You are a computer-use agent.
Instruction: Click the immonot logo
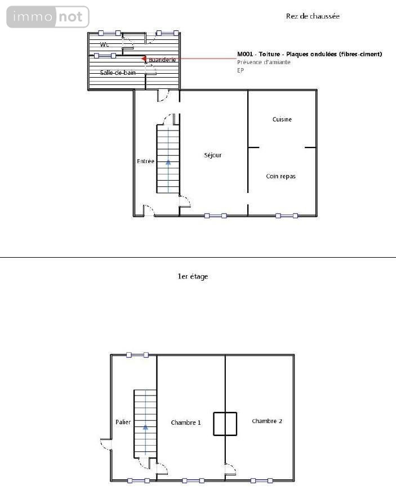click(x=48, y=17)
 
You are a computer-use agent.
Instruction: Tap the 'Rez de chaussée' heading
click(x=313, y=16)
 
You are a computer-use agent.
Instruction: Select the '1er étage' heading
click(x=193, y=276)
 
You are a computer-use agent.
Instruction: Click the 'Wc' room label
click(x=104, y=44)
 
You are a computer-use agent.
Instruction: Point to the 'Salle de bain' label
click(x=118, y=73)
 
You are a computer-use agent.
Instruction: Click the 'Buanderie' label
click(x=162, y=60)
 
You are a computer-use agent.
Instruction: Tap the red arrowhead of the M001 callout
click(x=144, y=59)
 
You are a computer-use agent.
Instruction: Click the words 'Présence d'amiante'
click(x=264, y=62)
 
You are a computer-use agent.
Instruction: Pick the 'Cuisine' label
click(x=282, y=119)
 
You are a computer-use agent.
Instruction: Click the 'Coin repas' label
click(x=281, y=176)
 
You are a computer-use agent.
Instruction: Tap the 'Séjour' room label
click(x=213, y=155)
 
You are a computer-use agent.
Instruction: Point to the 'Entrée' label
click(x=145, y=161)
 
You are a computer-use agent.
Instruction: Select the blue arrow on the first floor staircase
click(x=145, y=439)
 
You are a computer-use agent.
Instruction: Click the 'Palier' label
click(x=123, y=422)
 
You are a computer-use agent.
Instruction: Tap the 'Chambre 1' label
click(x=186, y=423)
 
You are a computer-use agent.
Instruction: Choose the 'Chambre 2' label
click(x=267, y=421)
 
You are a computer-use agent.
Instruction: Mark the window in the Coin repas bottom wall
click(x=287, y=216)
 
